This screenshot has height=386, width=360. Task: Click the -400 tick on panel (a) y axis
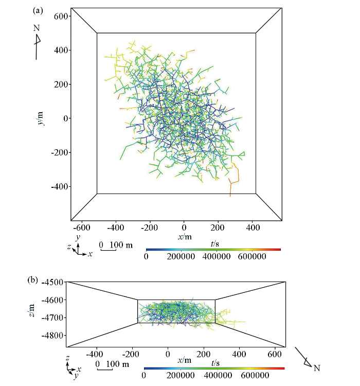click(60, 186)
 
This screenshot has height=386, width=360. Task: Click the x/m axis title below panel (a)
click(185, 236)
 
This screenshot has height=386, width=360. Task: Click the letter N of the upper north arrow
click(37, 27)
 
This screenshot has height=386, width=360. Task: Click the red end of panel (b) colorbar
click(282, 369)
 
